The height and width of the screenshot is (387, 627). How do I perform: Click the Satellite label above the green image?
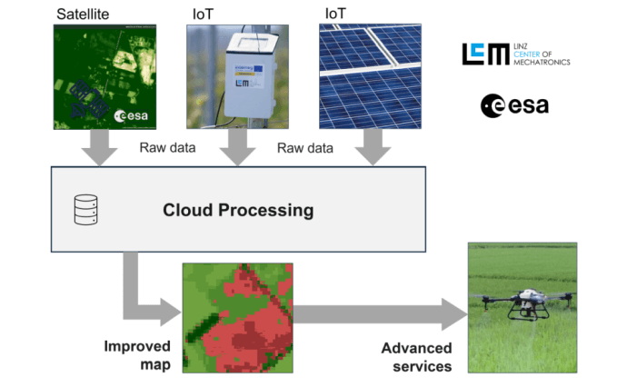85,14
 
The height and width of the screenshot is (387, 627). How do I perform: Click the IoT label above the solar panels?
334,14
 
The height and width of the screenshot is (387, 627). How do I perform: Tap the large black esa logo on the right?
514,105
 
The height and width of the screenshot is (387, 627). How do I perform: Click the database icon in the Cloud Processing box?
85,210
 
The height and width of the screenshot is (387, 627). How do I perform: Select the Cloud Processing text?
238,210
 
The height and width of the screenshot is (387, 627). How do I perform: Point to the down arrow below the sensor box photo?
236,148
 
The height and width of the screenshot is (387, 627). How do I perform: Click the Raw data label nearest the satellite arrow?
166,147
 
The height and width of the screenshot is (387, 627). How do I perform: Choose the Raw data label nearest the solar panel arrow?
304,147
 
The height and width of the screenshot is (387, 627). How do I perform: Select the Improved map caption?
137,355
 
